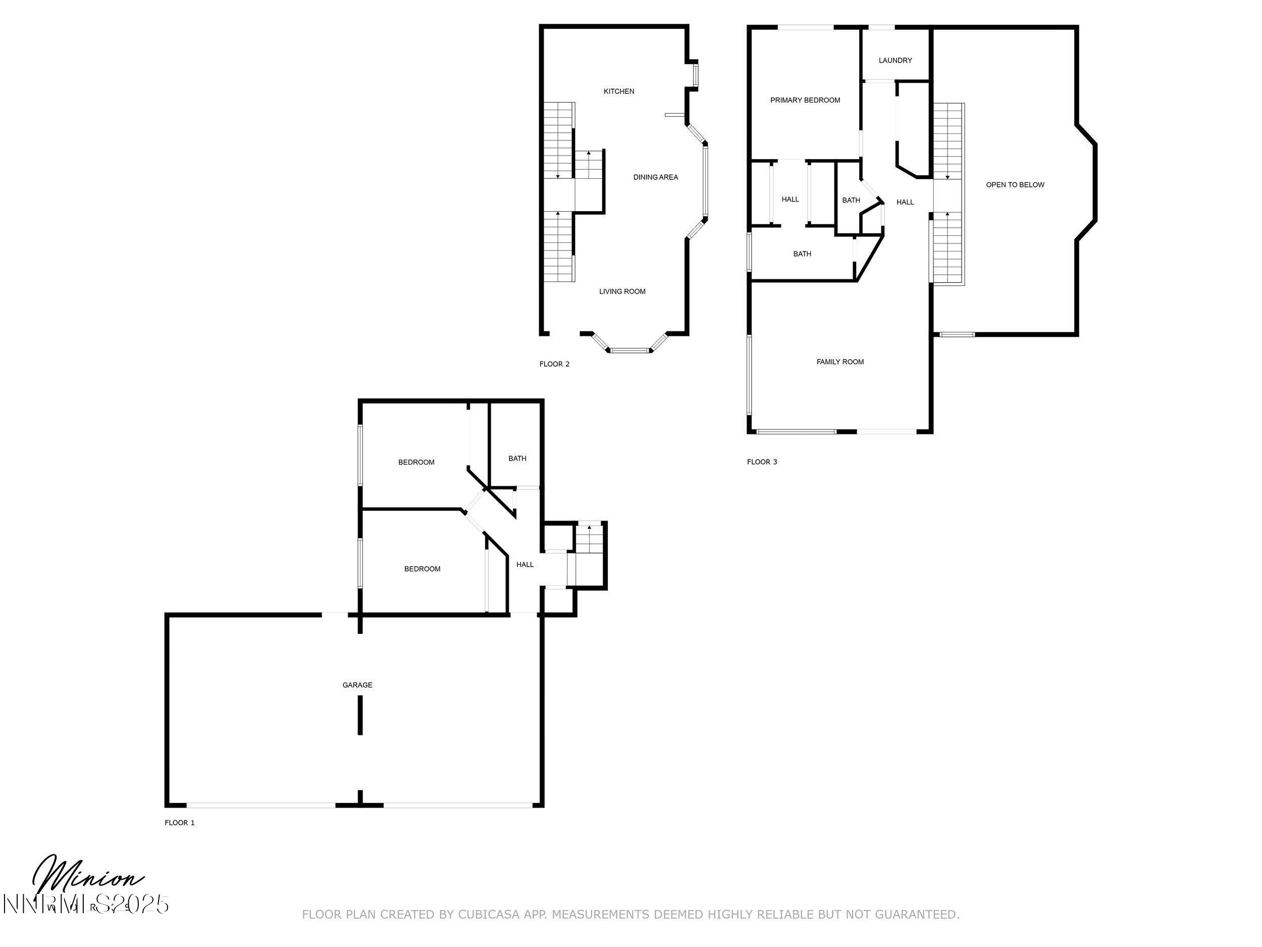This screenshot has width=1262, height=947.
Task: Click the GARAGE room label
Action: [357, 685]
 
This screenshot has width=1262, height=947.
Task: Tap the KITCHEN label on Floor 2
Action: [619, 91]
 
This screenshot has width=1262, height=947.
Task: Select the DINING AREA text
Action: [656, 177]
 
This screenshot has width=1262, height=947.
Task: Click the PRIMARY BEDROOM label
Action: [805, 101]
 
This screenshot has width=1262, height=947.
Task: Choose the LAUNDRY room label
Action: [895, 61]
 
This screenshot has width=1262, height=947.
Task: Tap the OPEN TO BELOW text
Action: [1015, 185]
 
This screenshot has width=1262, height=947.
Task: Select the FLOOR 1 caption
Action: [180, 823]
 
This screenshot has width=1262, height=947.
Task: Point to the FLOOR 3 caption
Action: [762, 462]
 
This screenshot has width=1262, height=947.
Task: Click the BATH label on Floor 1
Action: [517, 459]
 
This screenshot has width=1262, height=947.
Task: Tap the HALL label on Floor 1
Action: [525, 565]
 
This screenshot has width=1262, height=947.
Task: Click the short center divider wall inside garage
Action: [360, 718]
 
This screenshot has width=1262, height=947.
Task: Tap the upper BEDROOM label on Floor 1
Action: [416, 462]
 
